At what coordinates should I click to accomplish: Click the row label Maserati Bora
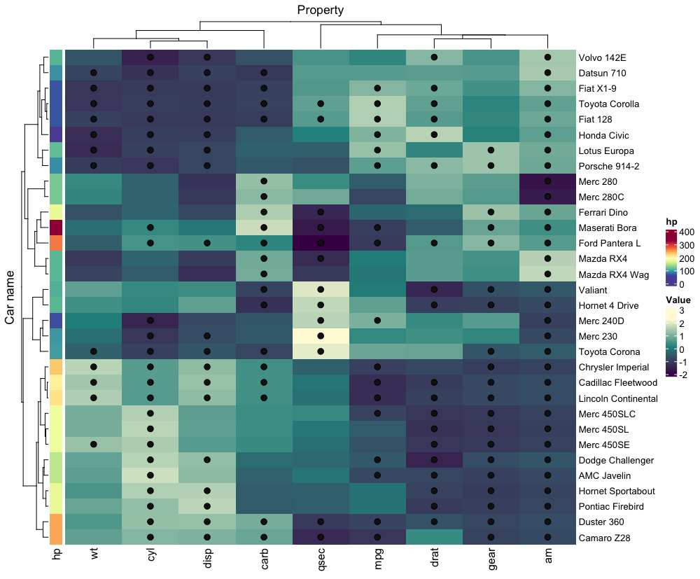click(607, 228)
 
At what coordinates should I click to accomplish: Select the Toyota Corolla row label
click(608, 104)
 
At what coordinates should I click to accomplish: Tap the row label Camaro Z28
click(605, 538)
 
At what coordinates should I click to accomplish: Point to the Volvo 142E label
click(603, 57)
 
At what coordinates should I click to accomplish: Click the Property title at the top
click(320, 10)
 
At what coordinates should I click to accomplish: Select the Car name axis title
click(10, 298)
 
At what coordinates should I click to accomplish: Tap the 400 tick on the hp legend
click(685, 232)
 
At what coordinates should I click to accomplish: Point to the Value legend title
click(677, 300)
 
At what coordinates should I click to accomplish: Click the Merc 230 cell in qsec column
click(321, 336)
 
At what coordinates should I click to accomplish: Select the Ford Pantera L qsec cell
click(321, 243)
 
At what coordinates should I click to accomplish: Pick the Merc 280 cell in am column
click(548, 181)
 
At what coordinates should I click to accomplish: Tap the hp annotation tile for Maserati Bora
click(57, 228)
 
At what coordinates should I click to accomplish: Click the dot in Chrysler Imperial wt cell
click(93, 367)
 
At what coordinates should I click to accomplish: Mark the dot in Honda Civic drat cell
click(435, 134)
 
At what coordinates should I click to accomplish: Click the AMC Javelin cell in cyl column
click(150, 475)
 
